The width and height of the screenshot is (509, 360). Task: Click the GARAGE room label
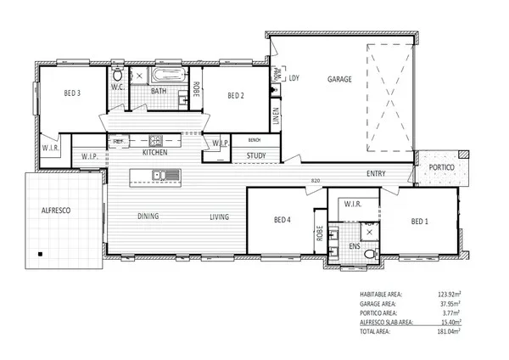click(339, 79)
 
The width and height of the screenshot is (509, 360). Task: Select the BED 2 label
click(236, 96)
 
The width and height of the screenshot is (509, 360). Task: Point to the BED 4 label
click(282, 221)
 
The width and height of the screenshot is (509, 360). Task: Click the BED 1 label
click(420, 222)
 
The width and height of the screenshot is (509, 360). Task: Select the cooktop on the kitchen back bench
click(156, 141)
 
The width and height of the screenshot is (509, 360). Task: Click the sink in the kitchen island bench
click(158, 176)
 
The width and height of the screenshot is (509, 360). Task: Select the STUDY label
click(256, 156)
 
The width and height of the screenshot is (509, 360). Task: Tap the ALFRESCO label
click(54, 209)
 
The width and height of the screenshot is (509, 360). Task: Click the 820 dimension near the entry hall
click(316, 180)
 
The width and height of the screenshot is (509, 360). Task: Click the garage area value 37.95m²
click(459, 303)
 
